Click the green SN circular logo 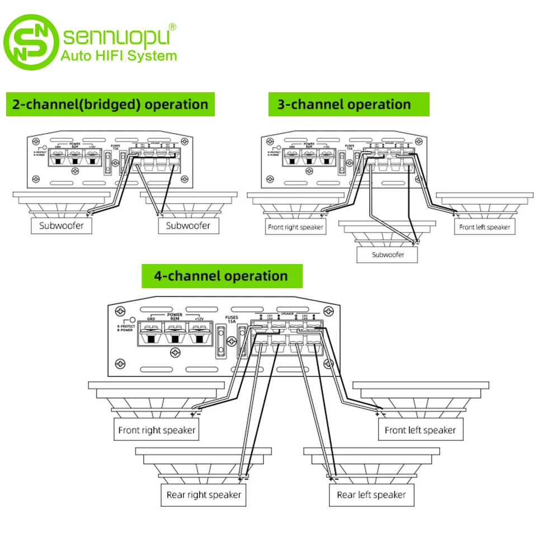coord(31,42)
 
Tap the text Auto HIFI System coord(118,55)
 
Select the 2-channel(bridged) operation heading coord(111,104)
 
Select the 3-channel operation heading coord(344,104)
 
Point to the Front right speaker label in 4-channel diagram coord(157,430)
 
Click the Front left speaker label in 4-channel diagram coord(420,430)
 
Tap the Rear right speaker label coord(204,494)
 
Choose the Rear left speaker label coord(371,494)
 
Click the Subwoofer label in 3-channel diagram coord(387,255)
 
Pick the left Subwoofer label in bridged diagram coord(60,226)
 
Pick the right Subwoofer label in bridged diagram coord(188,226)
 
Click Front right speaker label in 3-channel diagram coord(296,227)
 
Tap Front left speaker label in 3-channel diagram coord(484,227)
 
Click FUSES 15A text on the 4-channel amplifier coord(232,320)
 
